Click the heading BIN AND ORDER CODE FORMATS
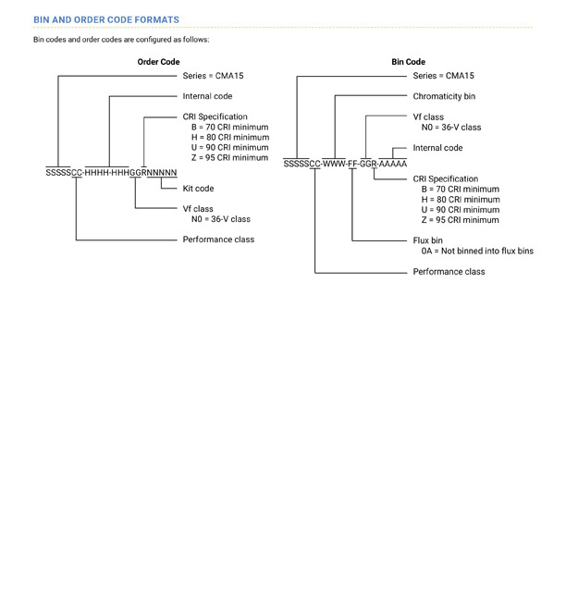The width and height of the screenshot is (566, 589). (106, 20)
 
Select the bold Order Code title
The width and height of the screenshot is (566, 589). (158, 62)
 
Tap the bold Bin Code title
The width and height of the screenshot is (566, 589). (408, 62)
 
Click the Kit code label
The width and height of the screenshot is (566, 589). (198, 189)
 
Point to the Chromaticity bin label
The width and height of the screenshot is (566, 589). (444, 96)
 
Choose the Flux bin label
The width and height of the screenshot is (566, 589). (427, 240)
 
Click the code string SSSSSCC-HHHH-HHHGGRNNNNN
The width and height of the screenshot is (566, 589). (111, 173)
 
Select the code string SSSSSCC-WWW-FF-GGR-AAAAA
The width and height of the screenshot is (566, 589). (345, 165)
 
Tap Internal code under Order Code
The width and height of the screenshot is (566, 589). (207, 96)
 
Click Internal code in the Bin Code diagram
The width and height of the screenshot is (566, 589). (437, 148)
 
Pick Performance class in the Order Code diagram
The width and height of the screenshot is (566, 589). (218, 239)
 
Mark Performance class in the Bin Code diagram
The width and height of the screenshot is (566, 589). (449, 272)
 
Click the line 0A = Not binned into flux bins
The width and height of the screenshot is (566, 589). (477, 251)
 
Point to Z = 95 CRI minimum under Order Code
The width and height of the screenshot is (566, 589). (230, 158)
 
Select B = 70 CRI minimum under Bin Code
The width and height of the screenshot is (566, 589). (461, 190)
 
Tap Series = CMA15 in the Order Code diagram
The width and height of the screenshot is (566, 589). (213, 76)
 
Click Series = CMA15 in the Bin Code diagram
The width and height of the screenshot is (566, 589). (444, 76)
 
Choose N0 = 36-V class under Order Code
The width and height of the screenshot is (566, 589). (221, 219)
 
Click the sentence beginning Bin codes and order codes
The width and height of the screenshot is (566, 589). (121, 40)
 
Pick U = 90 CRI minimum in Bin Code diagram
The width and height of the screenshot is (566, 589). (461, 210)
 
